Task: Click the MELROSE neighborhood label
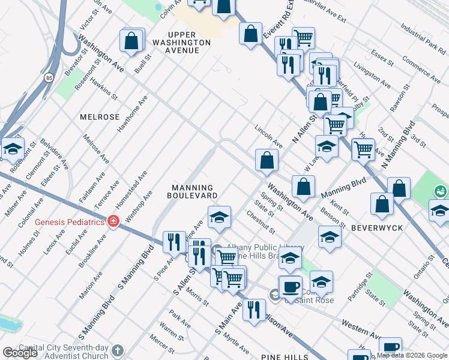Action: click(x=100, y=117)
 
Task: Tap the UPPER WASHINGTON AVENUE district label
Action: click(x=182, y=43)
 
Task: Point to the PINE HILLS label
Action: click(x=284, y=356)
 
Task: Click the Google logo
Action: click(x=20, y=353)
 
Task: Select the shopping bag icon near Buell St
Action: click(x=131, y=41)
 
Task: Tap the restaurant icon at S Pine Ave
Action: click(x=173, y=242)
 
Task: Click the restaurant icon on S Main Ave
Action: click(x=254, y=309)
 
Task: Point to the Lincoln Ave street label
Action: click(x=268, y=136)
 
